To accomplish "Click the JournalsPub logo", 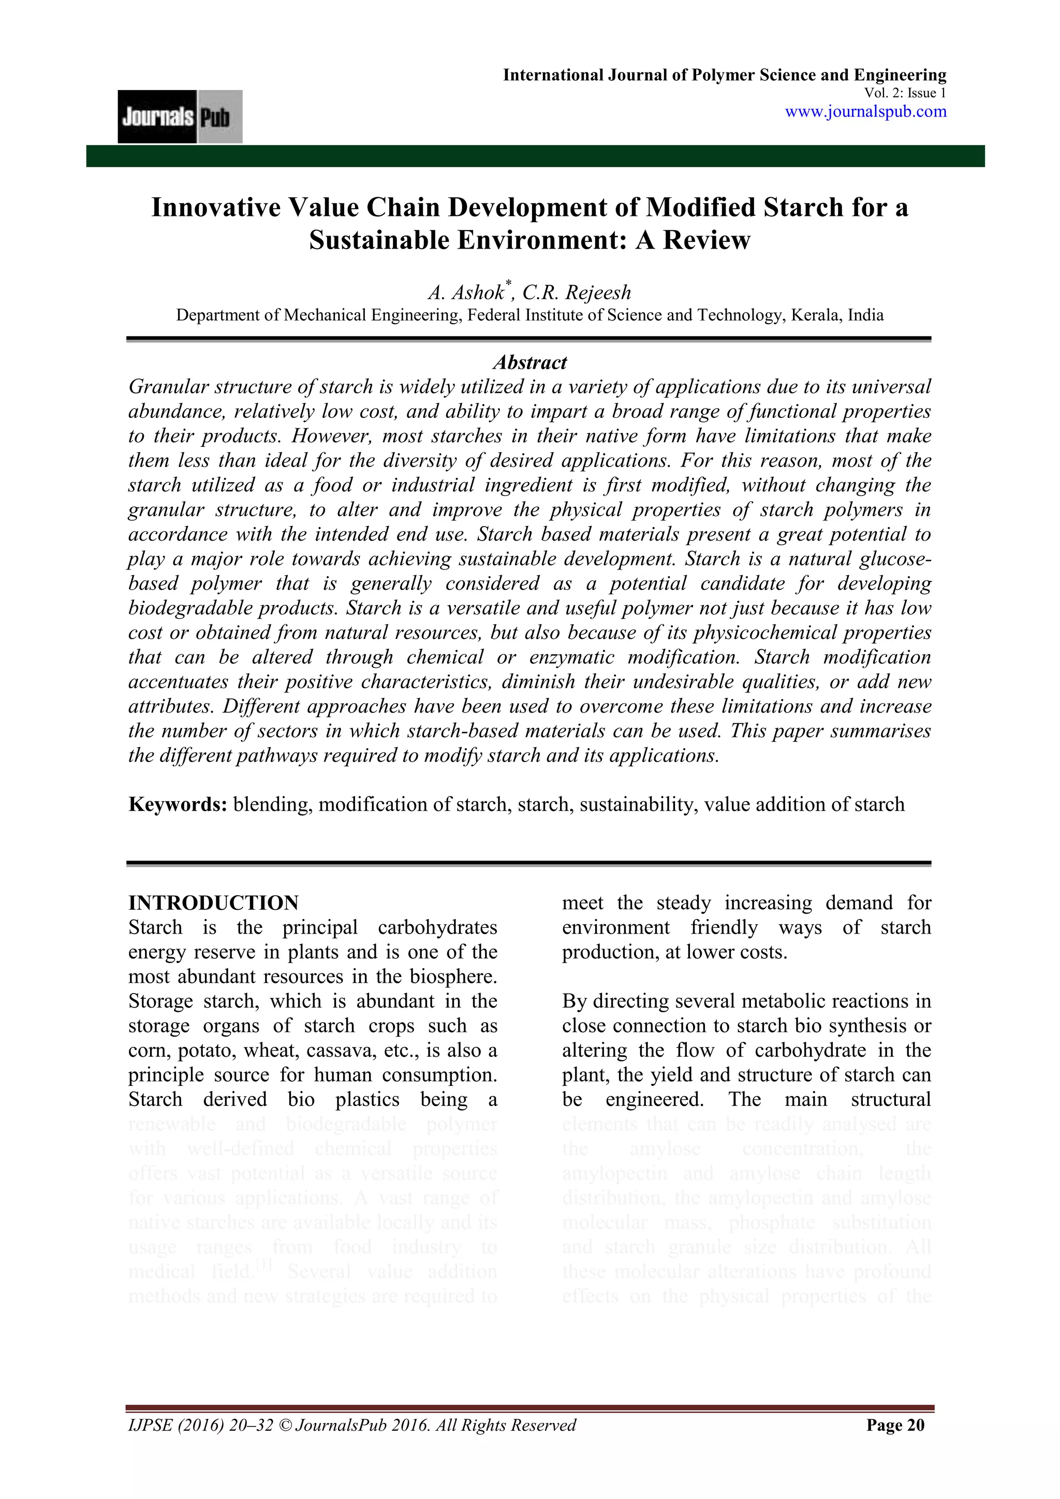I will click(x=180, y=117).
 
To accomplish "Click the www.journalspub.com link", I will click(x=865, y=112).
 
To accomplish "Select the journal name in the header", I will click(x=724, y=75).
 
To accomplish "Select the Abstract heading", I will click(x=529, y=362).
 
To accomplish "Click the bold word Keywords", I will click(x=177, y=804).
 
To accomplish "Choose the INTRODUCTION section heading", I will click(x=213, y=903).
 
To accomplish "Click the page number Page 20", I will click(x=895, y=1424).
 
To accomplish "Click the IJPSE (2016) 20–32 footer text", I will click(x=201, y=1424).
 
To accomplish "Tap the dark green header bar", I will click(x=535, y=156).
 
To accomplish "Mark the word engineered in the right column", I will click(x=654, y=1099).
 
